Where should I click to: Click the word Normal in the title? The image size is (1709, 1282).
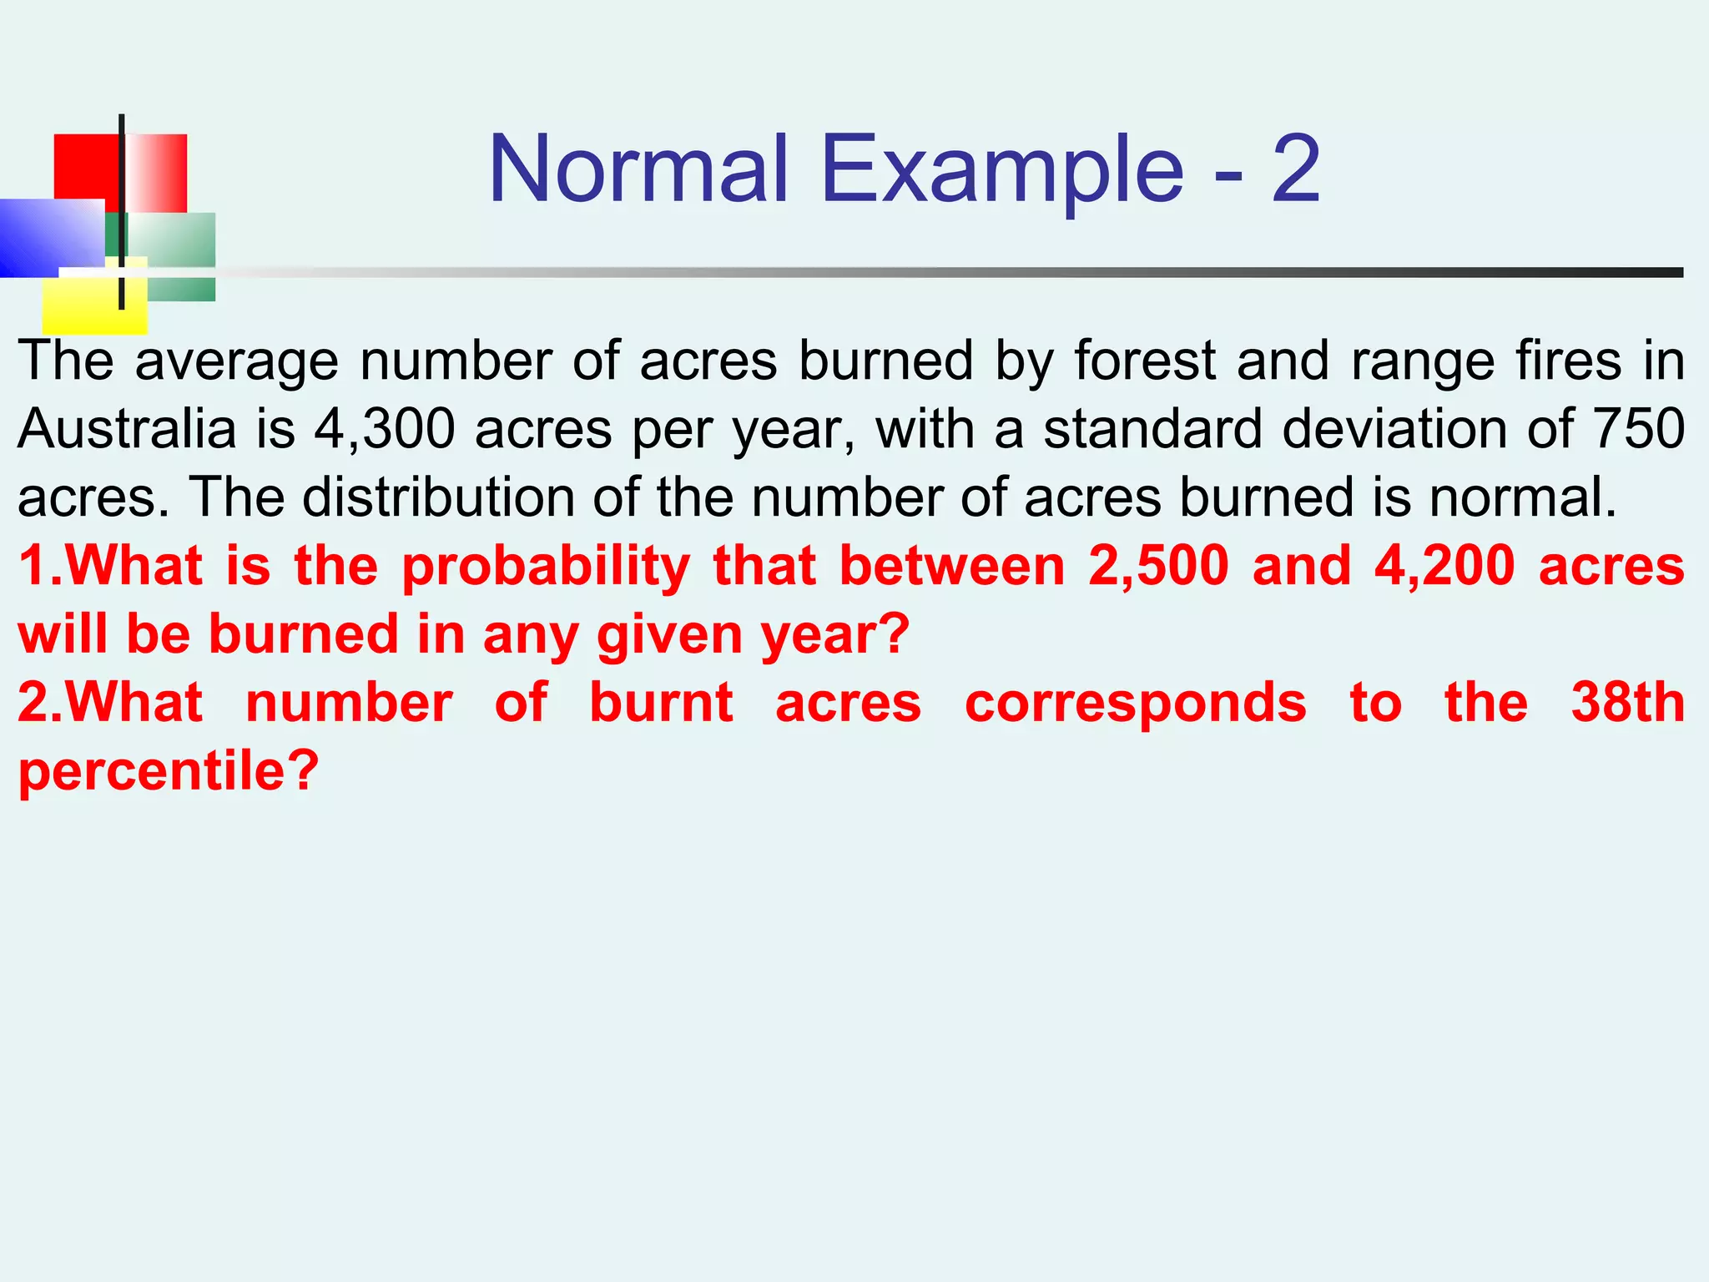click(x=638, y=169)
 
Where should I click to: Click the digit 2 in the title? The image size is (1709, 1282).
click(x=1295, y=169)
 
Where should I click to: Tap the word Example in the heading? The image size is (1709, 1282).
click(x=1001, y=171)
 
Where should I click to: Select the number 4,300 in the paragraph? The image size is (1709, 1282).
click(x=385, y=429)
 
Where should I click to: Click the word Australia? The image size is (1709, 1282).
click(x=127, y=429)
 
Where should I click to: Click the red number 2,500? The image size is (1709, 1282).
click(x=1158, y=566)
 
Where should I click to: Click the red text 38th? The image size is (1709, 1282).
click(x=1627, y=702)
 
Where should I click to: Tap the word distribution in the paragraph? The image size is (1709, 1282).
click(x=438, y=497)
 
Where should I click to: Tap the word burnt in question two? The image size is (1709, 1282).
click(x=661, y=702)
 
